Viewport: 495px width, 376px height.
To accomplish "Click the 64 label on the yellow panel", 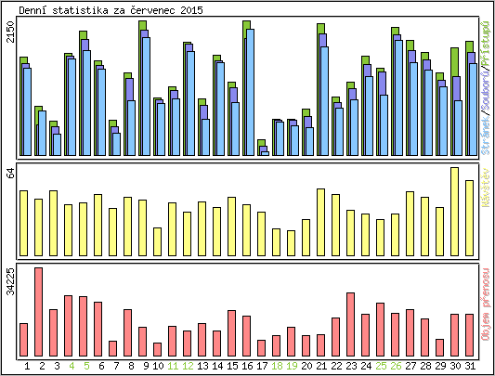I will [10, 174].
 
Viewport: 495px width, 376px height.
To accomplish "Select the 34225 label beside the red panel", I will [10, 281].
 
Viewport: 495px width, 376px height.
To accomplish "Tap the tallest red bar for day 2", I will [39, 311].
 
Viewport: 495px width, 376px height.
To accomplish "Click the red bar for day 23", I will [351, 324].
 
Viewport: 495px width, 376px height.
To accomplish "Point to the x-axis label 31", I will [470, 366].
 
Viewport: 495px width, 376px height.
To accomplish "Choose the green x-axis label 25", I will [381, 366].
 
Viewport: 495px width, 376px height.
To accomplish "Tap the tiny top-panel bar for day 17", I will [263, 149].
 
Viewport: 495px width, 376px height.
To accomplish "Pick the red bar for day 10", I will [158, 349].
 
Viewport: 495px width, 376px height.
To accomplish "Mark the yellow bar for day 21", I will [321, 221].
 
